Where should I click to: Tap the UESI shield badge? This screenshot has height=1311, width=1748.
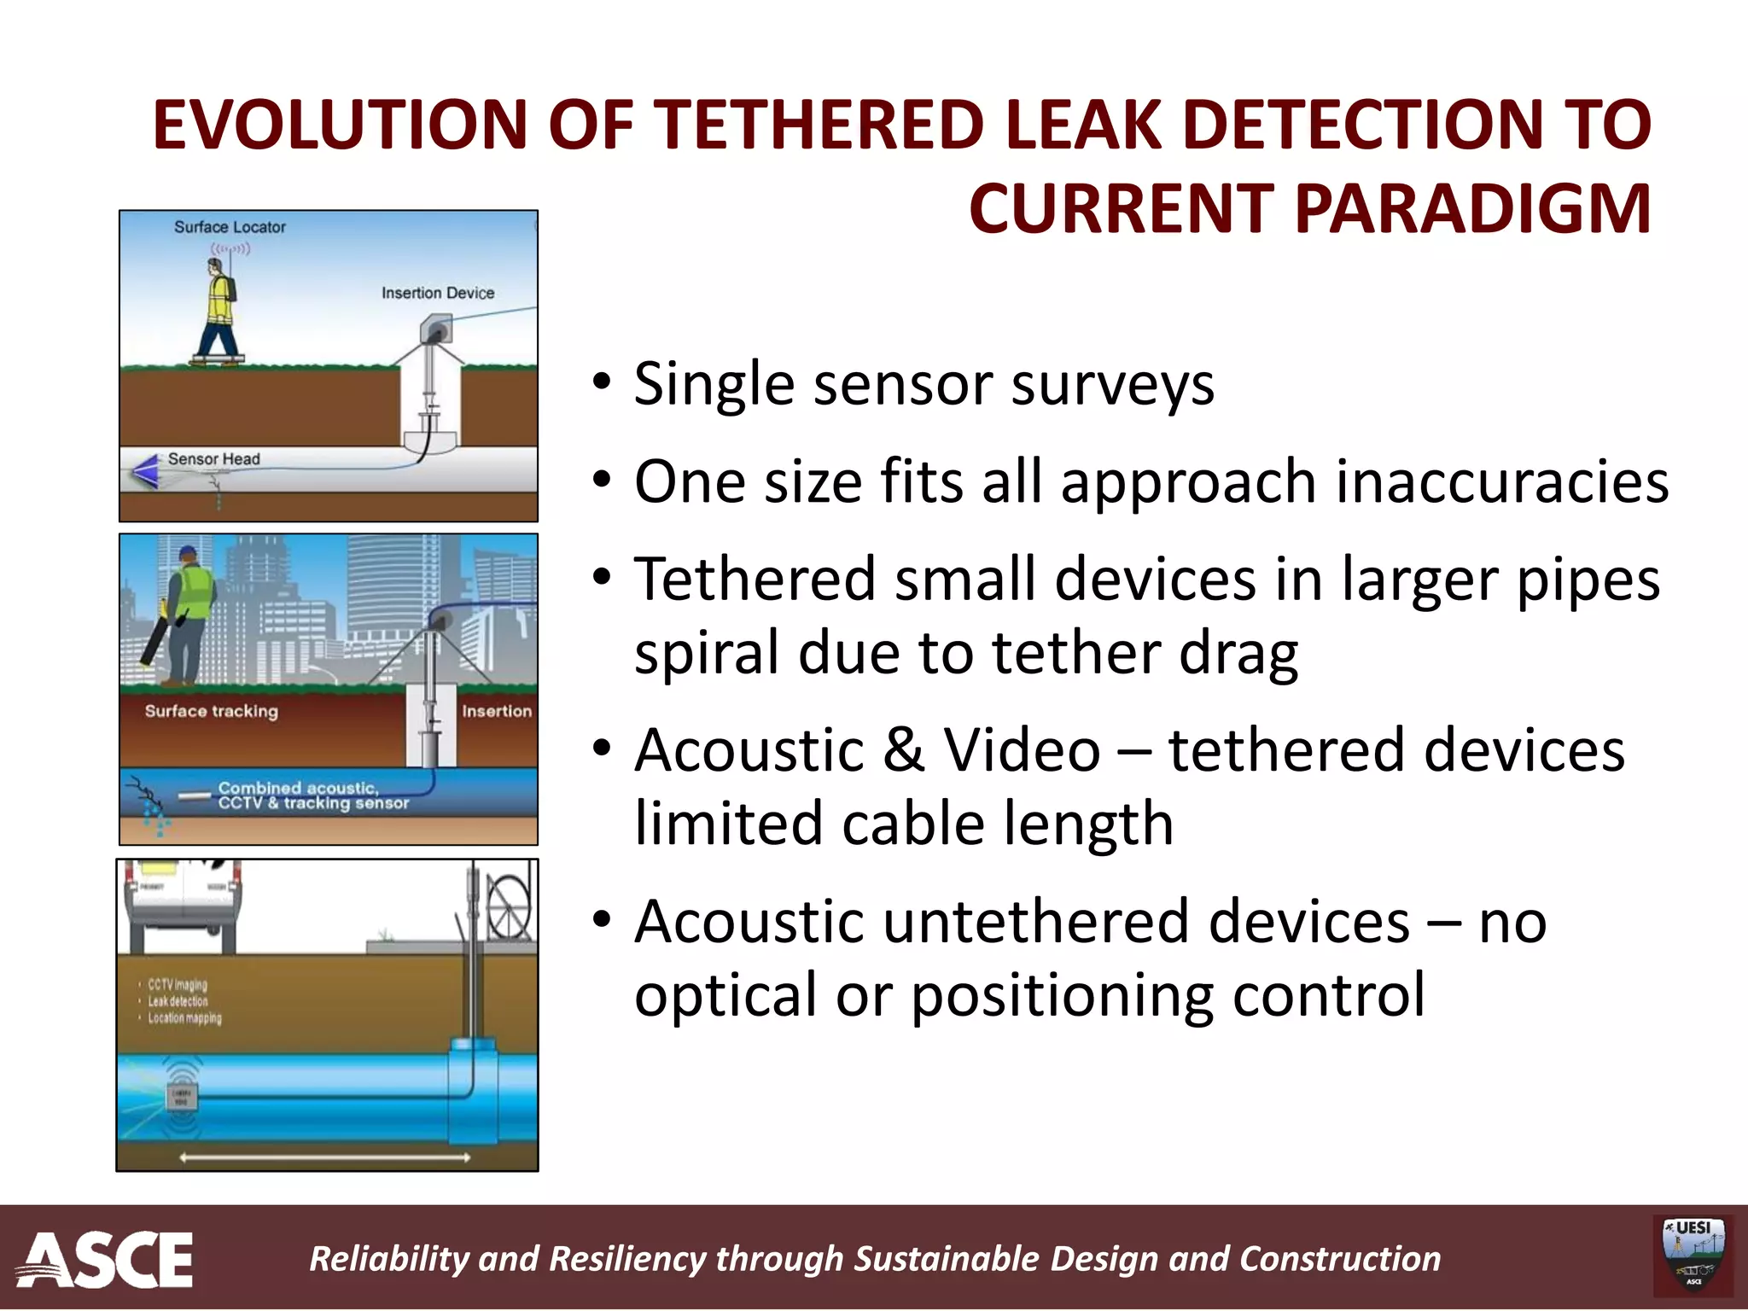pos(1693,1255)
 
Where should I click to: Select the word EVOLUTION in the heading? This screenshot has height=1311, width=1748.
pos(340,125)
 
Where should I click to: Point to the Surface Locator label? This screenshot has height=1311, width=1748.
pos(230,227)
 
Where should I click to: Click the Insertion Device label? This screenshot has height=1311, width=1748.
pos(437,293)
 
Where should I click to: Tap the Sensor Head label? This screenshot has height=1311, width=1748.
pos(213,459)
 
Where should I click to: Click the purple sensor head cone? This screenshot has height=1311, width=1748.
pos(145,470)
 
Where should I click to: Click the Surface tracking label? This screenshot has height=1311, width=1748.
pos(211,711)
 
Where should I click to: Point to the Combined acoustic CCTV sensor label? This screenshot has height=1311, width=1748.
pos(312,795)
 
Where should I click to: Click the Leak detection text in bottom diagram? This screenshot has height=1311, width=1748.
pos(178,1001)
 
